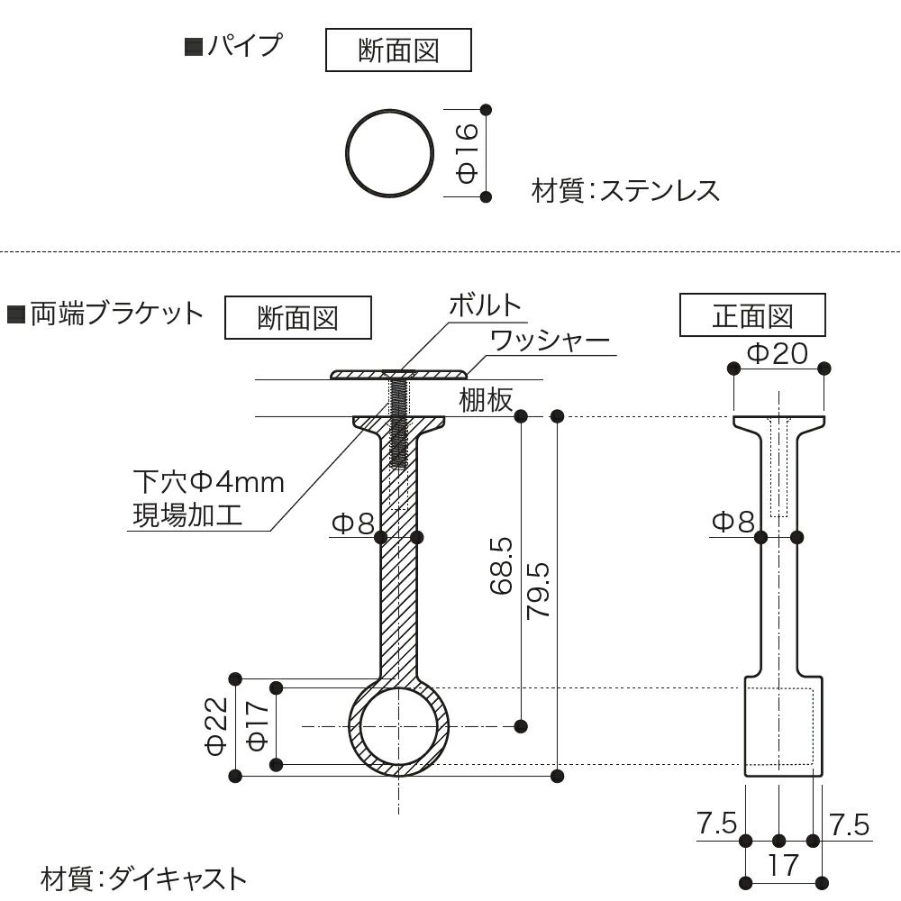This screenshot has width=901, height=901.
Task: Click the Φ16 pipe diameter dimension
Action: pyautogui.click(x=465, y=152)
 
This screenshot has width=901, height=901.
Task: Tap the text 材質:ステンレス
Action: pyautogui.click(x=626, y=191)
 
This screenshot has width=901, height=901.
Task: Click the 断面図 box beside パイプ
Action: pyautogui.click(x=397, y=50)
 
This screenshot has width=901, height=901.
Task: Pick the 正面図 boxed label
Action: pyautogui.click(x=752, y=316)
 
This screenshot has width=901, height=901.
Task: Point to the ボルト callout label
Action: pyautogui.click(x=486, y=305)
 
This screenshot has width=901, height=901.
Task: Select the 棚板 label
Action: pyautogui.click(x=486, y=400)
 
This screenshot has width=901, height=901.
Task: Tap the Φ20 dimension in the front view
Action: pyautogui.click(x=778, y=353)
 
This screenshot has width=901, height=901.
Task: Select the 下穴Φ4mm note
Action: pyautogui.click(x=208, y=482)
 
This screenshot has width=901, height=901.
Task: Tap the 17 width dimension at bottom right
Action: pyautogui.click(x=784, y=866)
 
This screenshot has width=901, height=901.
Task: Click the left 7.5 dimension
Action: pyautogui.click(x=716, y=824)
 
